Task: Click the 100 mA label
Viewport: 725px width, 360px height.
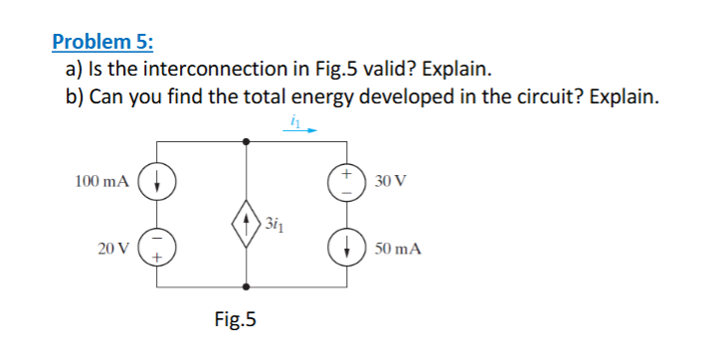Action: (101, 182)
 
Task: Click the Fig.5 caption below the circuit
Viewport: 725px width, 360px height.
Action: (236, 319)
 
